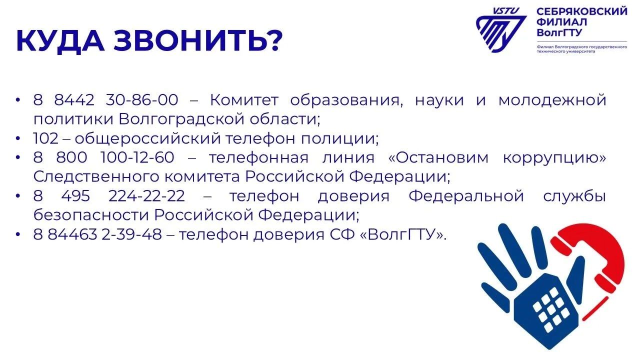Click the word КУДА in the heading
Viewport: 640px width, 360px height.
60,41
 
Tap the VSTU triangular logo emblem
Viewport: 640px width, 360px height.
501,30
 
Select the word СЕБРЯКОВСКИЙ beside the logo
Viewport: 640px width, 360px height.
582,11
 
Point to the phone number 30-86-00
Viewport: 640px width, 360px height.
142,100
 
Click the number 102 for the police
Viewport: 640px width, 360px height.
45,138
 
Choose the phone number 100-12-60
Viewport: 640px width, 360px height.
137,157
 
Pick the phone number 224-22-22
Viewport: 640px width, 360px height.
146,196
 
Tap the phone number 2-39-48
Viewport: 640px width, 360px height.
131,234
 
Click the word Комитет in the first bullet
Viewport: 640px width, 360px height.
244,100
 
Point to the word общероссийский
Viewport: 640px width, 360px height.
147,139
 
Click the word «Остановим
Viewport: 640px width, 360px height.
439,157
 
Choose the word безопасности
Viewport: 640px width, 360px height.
91,215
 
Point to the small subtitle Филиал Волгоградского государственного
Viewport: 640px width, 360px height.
582,46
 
